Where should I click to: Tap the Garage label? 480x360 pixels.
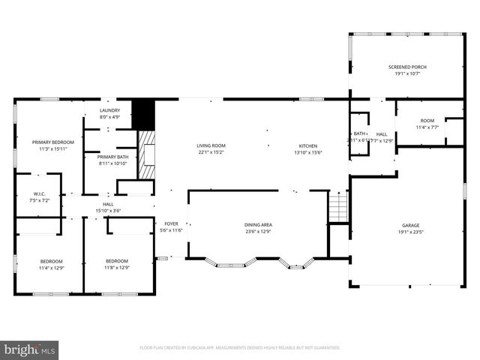(410, 224)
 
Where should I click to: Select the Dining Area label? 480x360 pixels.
(258, 224)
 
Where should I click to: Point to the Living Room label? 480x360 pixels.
(211, 145)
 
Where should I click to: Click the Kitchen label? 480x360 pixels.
(308, 145)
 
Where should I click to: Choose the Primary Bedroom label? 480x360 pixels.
(53, 142)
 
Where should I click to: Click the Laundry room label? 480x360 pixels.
(109, 110)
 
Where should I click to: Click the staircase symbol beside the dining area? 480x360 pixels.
(339, 207)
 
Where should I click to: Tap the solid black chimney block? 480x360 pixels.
(142, 114)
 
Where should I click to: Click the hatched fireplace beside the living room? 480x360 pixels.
(148, 155)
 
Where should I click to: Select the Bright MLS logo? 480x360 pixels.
(30, 349)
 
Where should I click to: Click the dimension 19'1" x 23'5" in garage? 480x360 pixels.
(410, 232)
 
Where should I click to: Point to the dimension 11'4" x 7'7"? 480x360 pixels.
(427, 127)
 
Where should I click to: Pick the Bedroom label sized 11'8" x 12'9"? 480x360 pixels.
(118, 260)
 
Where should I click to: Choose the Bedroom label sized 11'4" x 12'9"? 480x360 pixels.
(52, 260)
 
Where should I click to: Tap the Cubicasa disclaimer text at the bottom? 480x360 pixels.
(240, 348)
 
